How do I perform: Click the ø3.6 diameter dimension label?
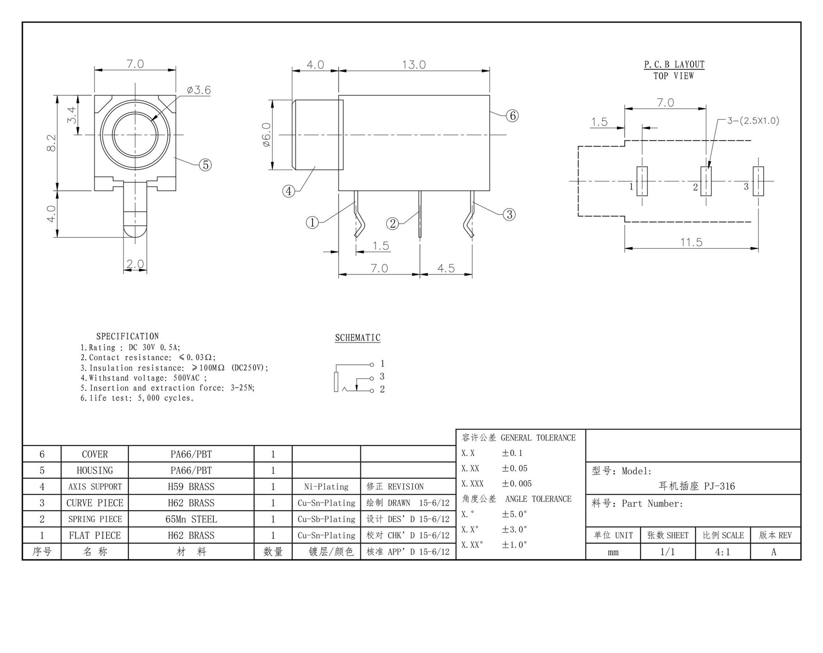[199, 90]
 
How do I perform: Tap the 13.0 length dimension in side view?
[414, 65]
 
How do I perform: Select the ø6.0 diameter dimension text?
[266, 135]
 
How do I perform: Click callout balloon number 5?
[205, 165]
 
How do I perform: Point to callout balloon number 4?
[289, 191]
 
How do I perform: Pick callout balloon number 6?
[512, 115]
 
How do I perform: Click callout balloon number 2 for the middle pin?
[393, 223]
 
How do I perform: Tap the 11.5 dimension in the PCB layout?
[691, 242]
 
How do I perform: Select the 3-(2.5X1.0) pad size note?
[753, 121]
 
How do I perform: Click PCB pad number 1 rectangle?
[642, 181]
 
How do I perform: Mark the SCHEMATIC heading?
[357, 338]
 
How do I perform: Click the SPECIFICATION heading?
[127, 336]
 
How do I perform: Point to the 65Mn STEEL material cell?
[191, 519]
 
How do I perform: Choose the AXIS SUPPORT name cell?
[95, 487]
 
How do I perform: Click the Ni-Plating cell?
[326, 487]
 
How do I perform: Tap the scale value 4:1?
[722, 552]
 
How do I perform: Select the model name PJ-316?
[697, 486]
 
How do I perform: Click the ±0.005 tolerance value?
[517, 484]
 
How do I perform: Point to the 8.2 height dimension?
[51, 142]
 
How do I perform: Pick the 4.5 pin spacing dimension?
[446, 269]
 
